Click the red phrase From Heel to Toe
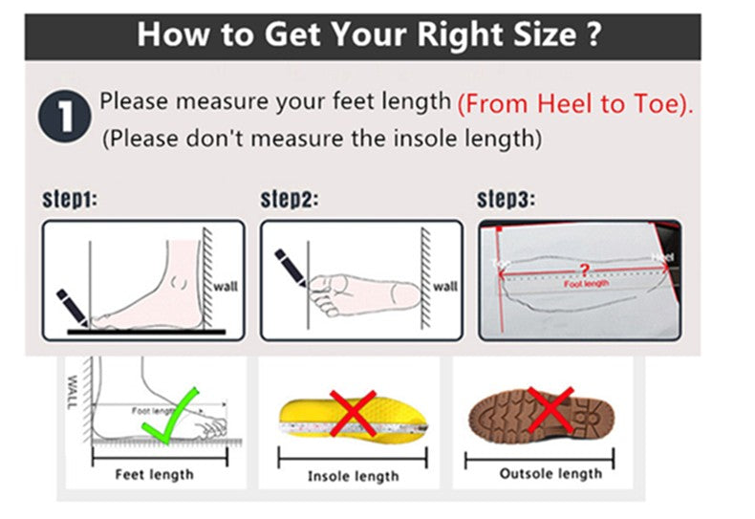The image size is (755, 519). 575,104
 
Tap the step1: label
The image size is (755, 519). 69,200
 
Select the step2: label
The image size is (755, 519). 290,200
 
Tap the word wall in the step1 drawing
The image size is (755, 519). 225,286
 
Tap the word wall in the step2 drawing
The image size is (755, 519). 445,286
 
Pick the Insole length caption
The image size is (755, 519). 353,476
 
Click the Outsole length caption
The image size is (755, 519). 550,473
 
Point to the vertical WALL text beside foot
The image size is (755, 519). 73,393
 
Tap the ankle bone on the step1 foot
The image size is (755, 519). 179,284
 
